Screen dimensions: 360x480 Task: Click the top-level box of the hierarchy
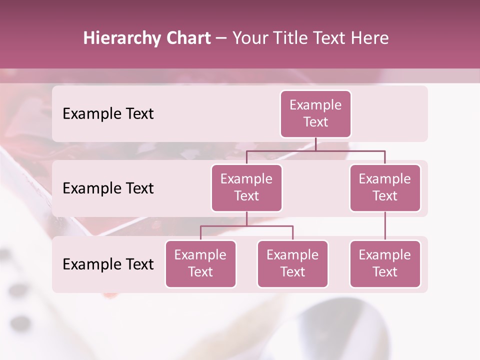315,114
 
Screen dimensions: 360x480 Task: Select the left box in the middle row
246,188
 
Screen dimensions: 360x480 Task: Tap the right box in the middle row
385,188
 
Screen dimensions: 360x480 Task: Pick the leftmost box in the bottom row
200,264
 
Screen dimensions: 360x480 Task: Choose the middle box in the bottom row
292,264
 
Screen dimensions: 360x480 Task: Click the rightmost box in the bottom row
385,264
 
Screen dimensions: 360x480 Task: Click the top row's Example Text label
108,114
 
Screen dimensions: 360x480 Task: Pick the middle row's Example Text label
108,188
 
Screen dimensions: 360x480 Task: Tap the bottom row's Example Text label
108,264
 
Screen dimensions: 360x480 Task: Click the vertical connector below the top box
315,144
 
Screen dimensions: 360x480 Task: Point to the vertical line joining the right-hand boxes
385,226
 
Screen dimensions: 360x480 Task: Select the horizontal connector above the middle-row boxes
315,150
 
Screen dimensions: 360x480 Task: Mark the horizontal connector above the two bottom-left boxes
246,226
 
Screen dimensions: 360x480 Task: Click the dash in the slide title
221,39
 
